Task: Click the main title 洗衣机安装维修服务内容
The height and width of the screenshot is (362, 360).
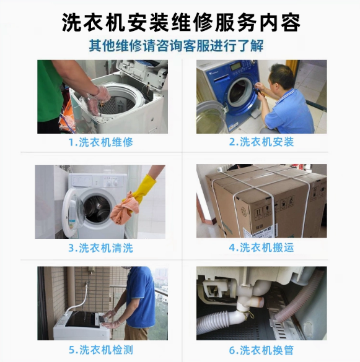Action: [180, 22]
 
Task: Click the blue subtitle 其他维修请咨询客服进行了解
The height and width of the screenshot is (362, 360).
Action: [180, 46]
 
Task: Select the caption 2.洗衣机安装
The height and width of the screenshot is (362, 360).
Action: [261, 142]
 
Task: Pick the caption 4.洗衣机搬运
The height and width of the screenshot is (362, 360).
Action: [261, 248]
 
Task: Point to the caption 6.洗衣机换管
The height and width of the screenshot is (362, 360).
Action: [261, 350]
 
